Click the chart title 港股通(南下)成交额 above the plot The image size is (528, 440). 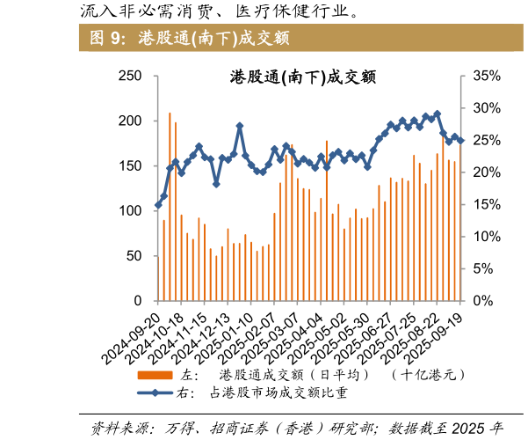point(303,77)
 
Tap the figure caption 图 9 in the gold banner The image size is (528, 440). point(108,39)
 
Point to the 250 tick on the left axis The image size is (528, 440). point(130,77)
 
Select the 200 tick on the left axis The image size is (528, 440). point(130,121)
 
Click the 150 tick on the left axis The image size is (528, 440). point(130,165)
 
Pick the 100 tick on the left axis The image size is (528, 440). point(130,210)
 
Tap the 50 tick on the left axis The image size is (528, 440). point(134,255)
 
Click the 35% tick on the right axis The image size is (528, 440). point(486,77)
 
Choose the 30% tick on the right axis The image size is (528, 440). point(486,108)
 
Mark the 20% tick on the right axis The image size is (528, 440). point(486,172)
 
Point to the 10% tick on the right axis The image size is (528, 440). point(486,237)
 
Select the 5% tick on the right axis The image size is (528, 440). point(483,268)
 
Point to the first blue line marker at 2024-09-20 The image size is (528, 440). point(158,205)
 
